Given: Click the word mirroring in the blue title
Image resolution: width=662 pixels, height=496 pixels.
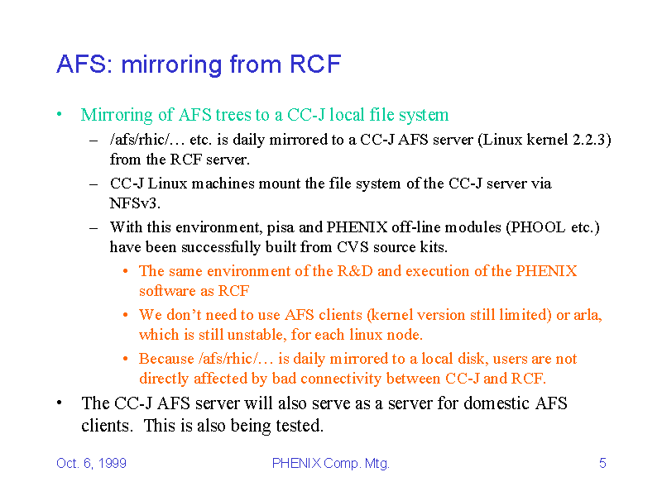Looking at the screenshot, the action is [x=171, y=65].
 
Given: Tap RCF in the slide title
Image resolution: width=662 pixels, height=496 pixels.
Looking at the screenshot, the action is [x=315, y=64].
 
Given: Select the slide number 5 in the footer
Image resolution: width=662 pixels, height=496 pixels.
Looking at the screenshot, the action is [x=602, y=463].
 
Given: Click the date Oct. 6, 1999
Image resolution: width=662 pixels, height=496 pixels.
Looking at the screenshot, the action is [x=91, y=463].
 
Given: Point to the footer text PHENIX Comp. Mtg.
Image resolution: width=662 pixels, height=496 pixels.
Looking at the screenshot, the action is [x=330, y=463].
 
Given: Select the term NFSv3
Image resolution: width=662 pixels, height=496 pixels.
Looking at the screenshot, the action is [x=135, y=203].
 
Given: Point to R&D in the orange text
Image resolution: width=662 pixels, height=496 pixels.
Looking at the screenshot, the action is [x=355, y=271].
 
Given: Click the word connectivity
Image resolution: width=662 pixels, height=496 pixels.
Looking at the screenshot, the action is [x=341, y=379].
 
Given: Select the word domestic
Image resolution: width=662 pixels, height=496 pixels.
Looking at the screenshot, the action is [x=496, y=403].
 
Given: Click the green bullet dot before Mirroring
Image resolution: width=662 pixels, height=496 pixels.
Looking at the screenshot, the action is [x=60, y=114].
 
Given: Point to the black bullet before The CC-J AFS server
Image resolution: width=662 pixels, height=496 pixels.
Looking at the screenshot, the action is [x=60, y=403].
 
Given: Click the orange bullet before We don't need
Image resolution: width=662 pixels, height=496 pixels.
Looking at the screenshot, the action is [x=126, y=315].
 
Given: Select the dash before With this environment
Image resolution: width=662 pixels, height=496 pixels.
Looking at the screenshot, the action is [x=94, y=228].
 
